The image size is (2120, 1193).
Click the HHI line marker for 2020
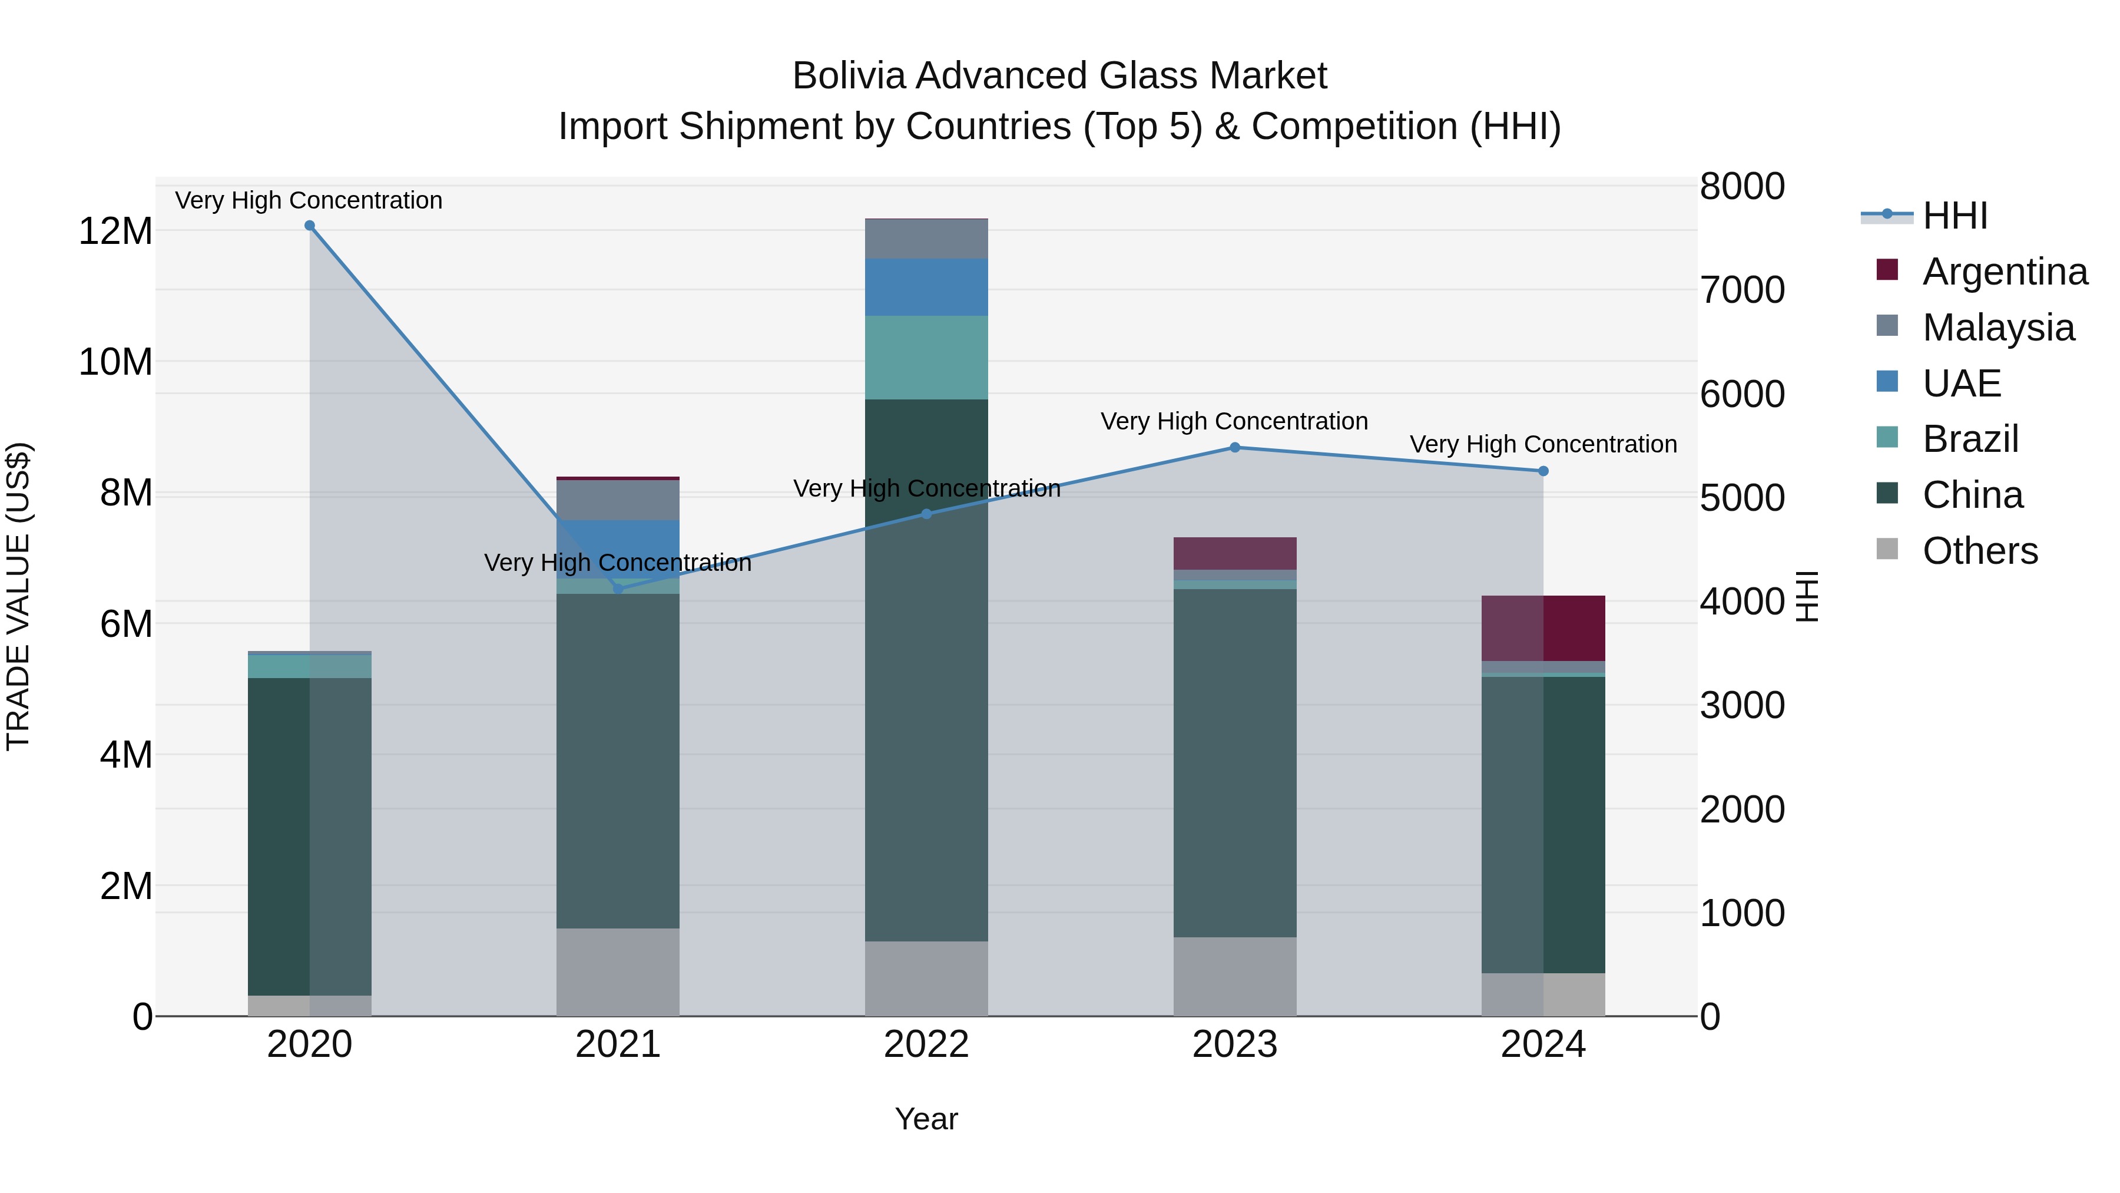(x=309, y=226)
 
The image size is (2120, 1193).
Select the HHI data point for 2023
(x=1234, y=448)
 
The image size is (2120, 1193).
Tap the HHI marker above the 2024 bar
(x=1543, y=471)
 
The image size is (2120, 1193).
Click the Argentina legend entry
(x=2004, y=272)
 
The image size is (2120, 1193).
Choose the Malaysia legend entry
(x=1998, y=328)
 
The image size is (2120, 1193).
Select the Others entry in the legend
(x=1979, y=551)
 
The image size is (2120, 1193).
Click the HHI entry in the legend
(x=1955, y=216)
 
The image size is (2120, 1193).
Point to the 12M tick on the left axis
(x=115, y=232)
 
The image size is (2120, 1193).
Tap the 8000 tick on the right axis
(x=1741, y=186)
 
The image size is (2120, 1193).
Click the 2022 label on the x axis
(x=926, y=1045)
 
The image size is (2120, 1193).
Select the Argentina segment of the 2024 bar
(x=1543, y=627)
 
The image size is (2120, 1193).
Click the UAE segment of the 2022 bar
(x=926, y=287)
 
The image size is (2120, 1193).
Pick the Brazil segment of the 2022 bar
(x=926, y=358)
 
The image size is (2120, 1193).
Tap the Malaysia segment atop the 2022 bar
(x=926, y=239)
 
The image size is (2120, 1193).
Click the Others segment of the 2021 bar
(x=617, y=971)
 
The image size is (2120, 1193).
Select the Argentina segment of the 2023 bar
(x=1234, y=553)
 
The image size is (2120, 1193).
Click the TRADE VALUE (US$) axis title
(x=18, y=596)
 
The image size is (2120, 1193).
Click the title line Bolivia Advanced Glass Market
(x=1059, y=76)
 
